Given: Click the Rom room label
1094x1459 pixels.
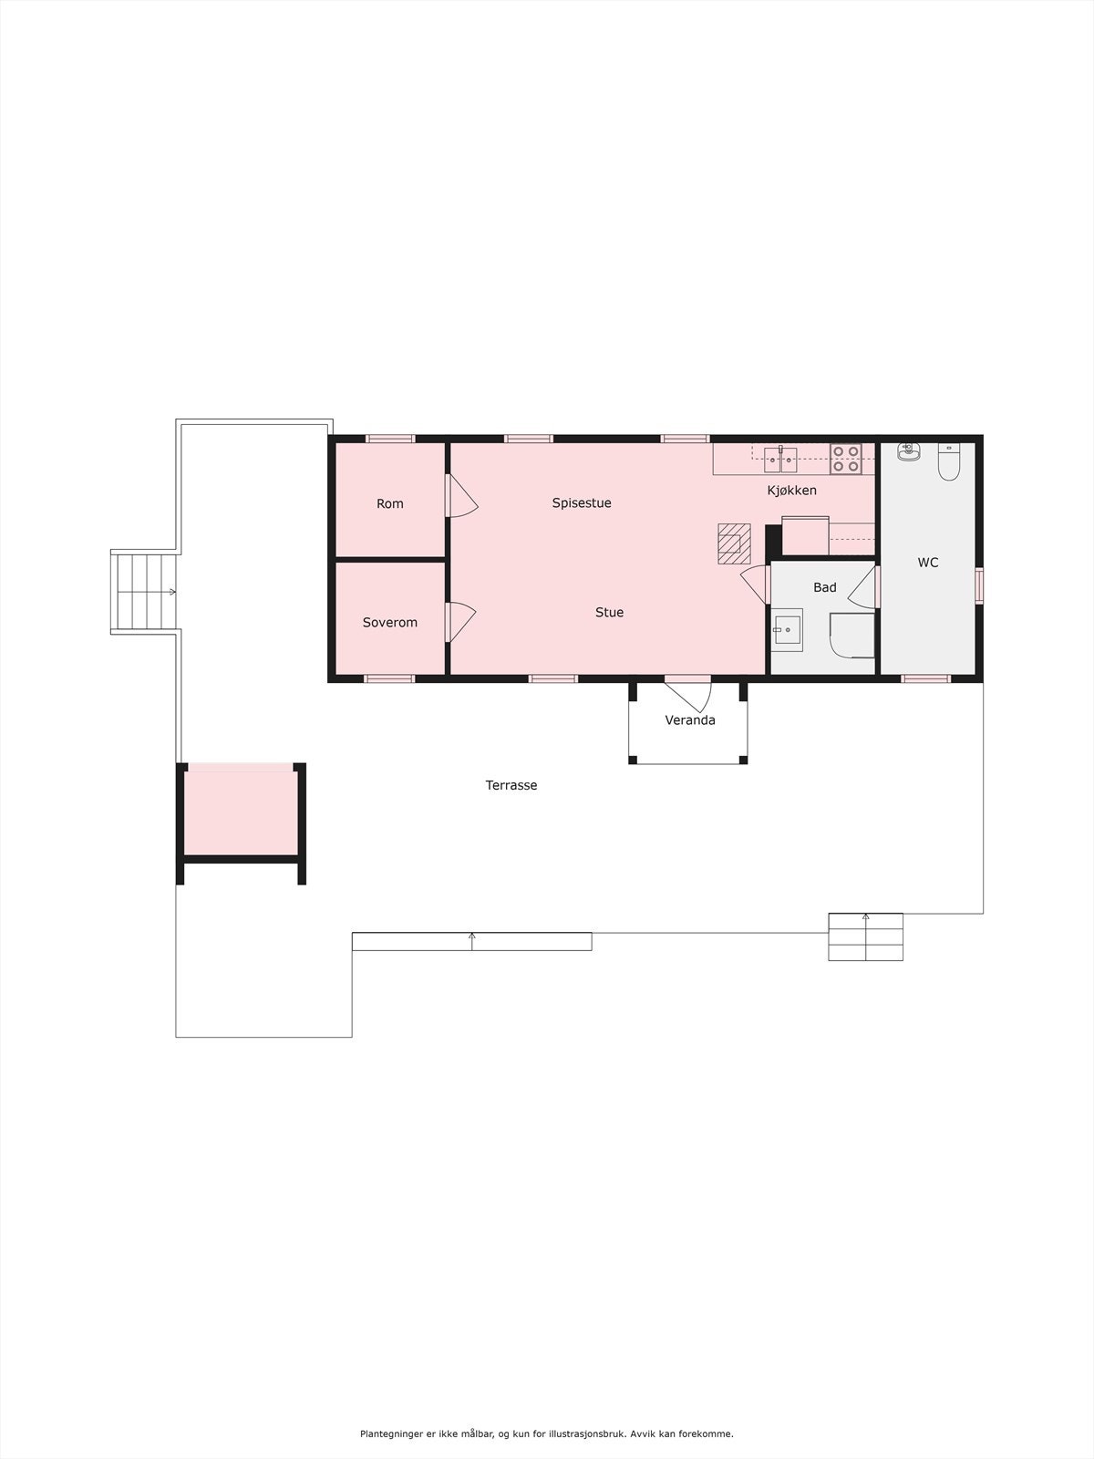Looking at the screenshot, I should click(x=390, y=503).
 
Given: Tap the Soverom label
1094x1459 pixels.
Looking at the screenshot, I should click(x=390, y=622).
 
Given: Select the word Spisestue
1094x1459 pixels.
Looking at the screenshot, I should click(x=582, y=502).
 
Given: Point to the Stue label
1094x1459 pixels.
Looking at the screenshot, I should click(x=609, y=612).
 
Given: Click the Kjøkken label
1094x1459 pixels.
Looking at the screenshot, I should click(x=791, y=490).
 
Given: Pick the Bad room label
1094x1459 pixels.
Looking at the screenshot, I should click(x=825, y=587).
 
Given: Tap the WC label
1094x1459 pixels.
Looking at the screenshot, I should click(x=928, y=563).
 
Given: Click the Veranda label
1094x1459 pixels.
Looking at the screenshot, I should click(x=690, y=719).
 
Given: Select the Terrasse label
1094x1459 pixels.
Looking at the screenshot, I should click(x=511, y=784).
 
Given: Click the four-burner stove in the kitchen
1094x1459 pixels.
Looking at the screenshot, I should click(x=845, y=458).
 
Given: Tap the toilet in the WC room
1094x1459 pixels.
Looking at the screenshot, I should click(x=949, y=462).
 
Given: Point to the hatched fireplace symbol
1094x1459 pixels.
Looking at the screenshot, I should click(x=734, y=543).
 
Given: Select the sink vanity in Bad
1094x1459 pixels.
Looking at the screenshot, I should click(x=787, y=629).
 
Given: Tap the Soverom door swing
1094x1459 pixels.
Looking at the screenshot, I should click(x=460, y=623).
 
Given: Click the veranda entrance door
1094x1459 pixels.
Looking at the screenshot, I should click(x=689, y=693).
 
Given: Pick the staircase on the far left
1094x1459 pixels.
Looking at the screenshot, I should click(x=144, y=592).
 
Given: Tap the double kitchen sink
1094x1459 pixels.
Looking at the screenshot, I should click(x=780, y=459).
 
